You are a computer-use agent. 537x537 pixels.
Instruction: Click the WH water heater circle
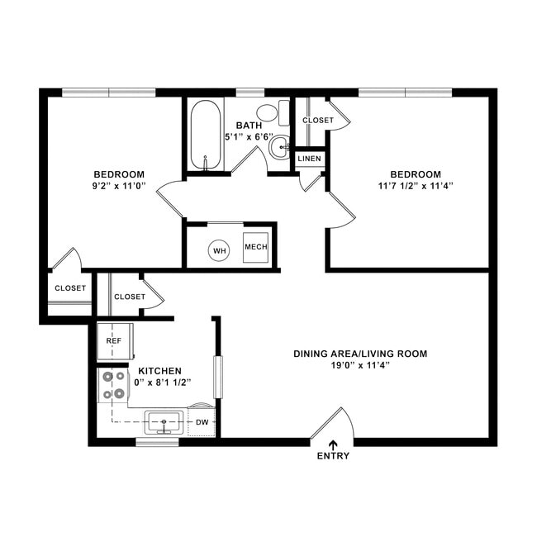tap(219, 250)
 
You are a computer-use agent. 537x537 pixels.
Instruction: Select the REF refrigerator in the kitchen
tap(114, 340)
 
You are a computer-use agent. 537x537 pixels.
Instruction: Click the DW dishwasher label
tap(202, 422)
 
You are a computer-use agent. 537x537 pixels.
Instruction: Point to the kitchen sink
tap(164, 422)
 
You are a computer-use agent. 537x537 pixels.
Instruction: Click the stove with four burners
tap(114, 385)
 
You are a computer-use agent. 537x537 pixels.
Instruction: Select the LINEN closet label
tap(310, 158)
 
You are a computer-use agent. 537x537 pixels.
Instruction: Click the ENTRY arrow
tap(333, 444)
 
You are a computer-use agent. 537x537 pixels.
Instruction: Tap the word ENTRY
tap(333, 456)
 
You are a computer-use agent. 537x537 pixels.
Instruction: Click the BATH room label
tap(249, 126)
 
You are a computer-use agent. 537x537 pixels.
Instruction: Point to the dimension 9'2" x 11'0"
tap(119, 187)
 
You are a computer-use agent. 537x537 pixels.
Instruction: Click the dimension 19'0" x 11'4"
tap(360, 366)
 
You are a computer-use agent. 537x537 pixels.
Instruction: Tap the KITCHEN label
tap(159, 371)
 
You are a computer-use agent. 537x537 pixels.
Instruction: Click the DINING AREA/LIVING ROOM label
tap(360, 354)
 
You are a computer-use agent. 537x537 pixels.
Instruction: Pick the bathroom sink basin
tap(279, 146)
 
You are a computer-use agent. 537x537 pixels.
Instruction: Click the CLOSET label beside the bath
tap(318, 121)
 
